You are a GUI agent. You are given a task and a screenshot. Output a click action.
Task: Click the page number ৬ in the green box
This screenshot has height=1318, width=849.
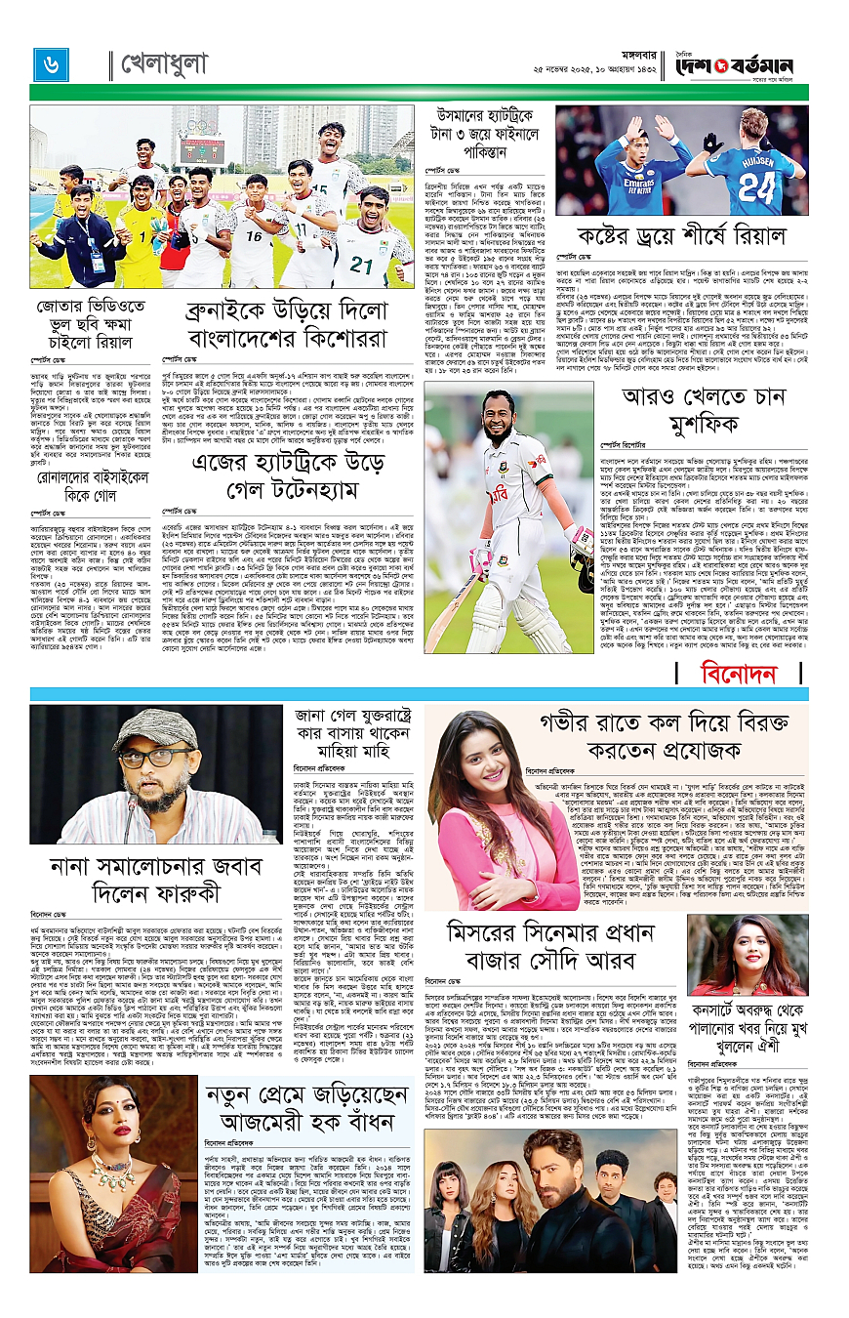click(x=49, y=64)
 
